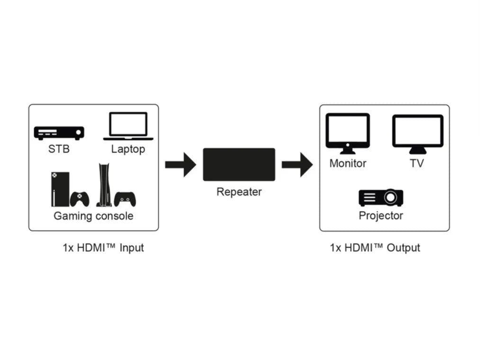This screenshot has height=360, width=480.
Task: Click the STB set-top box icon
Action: pyautogui.click(x=59, y=133)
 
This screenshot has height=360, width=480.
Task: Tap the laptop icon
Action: pyautogui.click(x=128, y=126)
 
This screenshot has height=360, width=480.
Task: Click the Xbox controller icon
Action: pyautogui.click(x=79, y=198)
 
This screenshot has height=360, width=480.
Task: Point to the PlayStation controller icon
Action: pyautogui.click(x=125, y=199)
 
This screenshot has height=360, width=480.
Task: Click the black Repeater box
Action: pyautogui.click(x=239, y=164)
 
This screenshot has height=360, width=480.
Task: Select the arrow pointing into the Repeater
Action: pyautogui.click(x=180, y=164)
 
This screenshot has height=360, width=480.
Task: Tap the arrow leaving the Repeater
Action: pyautogui.click(x=297, y=164)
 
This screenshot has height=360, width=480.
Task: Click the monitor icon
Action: pyautogui.click(x=347, y=133)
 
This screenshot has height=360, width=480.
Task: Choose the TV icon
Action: pyautogui.click(x=417, y=133)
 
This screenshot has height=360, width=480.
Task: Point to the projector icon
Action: pyautogui.click(x=381, y=197)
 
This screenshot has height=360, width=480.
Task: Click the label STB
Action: pyautogui.click(x=59, y=149)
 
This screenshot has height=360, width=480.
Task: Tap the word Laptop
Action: pyautogui.click(x=128, y=149)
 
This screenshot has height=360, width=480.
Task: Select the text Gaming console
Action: pyautogui.click(x=93, y=216)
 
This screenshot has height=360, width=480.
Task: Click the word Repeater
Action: pyautogui.click(x=239, y=192)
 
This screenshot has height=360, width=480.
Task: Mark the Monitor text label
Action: pyautogui.click(x=348, y=163)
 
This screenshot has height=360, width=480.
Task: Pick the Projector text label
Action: pyautogui.click(x=381, y=216)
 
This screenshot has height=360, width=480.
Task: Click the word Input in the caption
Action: pyautogui.click(x=131, y=247)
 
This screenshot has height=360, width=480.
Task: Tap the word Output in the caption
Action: pyautogui.click(x=403, y=247)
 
